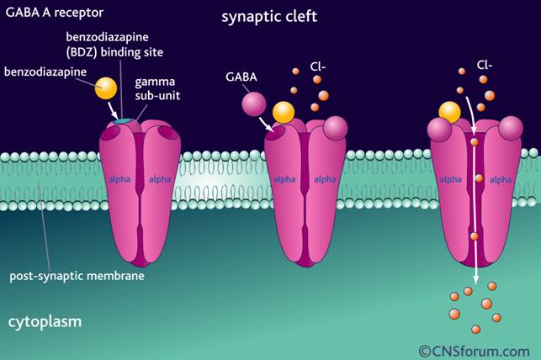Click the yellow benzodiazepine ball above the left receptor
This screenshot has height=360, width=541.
[x=106, y=88]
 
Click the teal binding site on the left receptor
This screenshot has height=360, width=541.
[x=123, y=123]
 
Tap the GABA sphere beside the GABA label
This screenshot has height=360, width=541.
[x=254, y=104]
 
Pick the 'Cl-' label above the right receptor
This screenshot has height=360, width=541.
[x=485, y=63]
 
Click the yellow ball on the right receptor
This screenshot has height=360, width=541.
[x=449, y=113]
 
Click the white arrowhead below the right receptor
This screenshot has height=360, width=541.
[x=476, y=281]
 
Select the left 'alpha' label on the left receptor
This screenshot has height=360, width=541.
[x=119, y=179]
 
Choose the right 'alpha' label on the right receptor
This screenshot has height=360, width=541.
[x=501, y=179]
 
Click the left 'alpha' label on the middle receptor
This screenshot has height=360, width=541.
[x=283, y=179]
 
